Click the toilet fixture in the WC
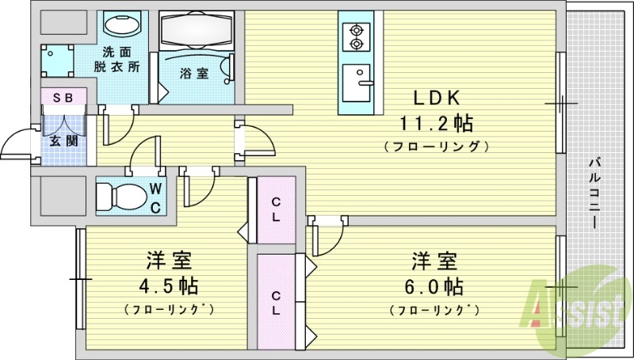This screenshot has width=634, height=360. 117,194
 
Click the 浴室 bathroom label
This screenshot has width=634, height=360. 194,73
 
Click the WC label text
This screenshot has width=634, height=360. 156,198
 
